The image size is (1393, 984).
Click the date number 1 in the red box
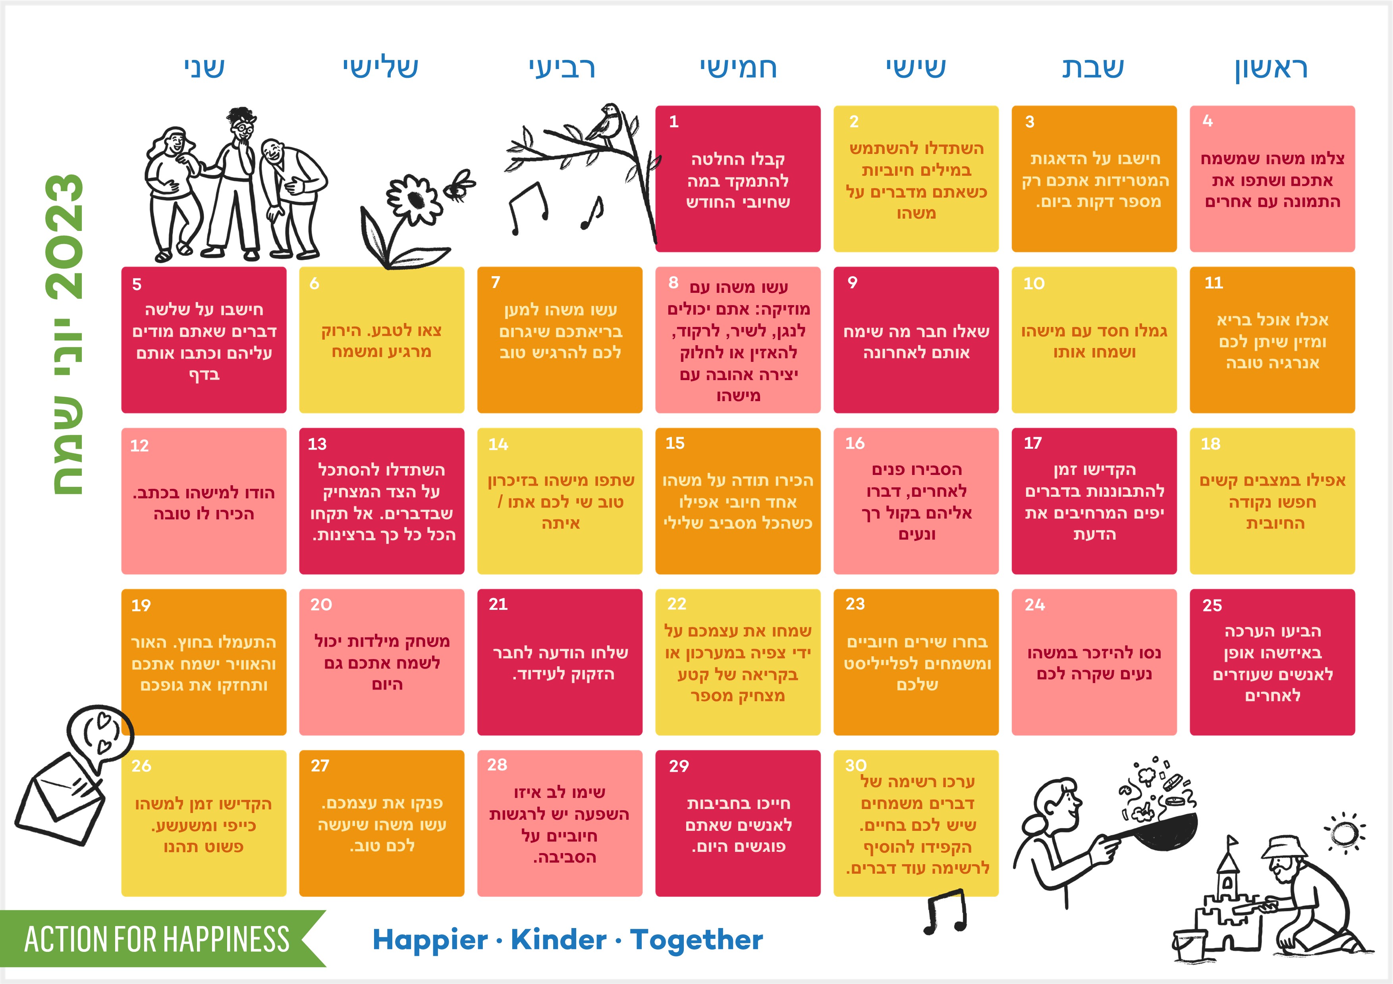[673, 121]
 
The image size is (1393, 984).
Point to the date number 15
[675, 443]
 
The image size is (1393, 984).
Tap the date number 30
[855, 765]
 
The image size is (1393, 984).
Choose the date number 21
[498, 604]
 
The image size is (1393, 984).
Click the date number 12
[139, 446]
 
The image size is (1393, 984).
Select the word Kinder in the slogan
[558, 940]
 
